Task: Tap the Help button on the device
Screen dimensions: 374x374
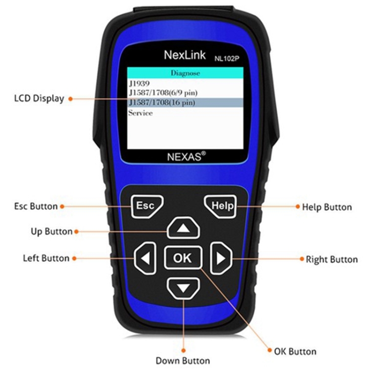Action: [219, 206]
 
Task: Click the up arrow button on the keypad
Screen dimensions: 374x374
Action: [184, 229]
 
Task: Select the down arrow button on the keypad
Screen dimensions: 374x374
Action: [184, 288]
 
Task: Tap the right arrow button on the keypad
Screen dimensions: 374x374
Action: [221, 258]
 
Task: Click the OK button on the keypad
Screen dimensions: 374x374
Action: [183, 258]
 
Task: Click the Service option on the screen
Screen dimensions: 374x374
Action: [141, 113]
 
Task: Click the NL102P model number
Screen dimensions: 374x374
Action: [227, 57]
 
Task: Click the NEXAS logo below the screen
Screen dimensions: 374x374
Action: [184, 156]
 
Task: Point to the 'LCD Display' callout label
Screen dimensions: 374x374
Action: [39, 98]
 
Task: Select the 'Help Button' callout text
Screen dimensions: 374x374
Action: [327, 207]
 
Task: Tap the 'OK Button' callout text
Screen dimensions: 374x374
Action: [295, 351]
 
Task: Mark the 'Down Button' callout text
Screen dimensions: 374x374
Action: [183, 361]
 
